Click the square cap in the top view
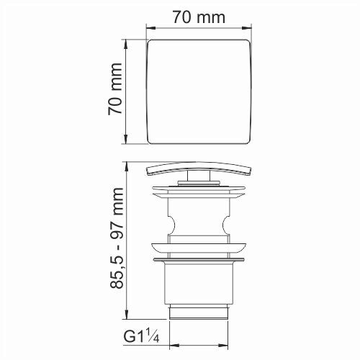[199, 91]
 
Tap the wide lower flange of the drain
[199, 257]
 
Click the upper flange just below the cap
[199, 192]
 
